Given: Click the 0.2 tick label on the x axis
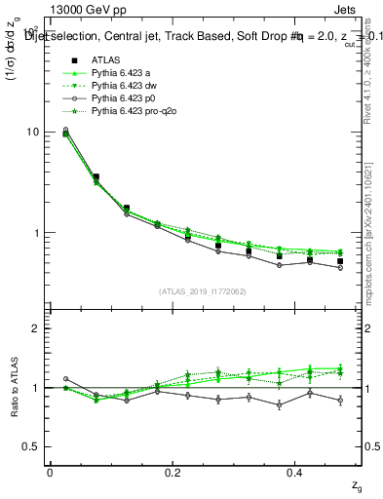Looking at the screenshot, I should [x=172, y=473].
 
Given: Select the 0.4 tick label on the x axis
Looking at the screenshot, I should [x=296, y=473].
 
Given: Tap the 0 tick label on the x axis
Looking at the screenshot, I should [x=50, y=473].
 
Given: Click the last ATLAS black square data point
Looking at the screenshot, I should [x=340, y=261].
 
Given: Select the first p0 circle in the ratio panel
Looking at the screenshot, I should [x=65, y=378].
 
